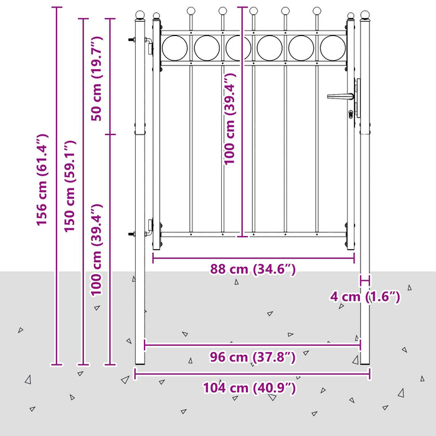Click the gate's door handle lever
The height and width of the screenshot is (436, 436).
click(340, 97)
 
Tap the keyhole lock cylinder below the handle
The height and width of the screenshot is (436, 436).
click(351, 114)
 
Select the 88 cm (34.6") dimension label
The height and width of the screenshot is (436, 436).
click(253, 269)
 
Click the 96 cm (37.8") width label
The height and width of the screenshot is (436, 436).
click(252, 357)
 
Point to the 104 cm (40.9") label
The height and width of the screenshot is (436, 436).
click(249, 388)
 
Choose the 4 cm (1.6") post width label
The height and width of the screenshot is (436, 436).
click(365, 296)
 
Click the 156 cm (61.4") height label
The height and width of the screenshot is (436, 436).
click(42, 179)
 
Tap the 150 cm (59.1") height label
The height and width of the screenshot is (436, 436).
click(70, 186)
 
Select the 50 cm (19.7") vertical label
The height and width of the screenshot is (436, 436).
click(97, 78)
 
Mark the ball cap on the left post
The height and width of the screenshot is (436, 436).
click(140, 15)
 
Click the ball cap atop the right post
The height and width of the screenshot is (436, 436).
click(365, 15)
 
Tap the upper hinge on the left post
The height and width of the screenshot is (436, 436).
click(149, 46)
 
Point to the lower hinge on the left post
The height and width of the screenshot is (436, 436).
click(149, 228)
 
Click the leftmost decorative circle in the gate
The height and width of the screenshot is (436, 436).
click(174, 48)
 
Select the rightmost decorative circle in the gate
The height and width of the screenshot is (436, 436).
click(333, 48)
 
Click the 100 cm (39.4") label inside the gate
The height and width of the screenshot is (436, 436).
click(230, 119)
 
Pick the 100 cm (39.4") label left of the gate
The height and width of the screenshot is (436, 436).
click(96, 250)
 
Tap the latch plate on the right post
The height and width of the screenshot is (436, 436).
click(358, 98)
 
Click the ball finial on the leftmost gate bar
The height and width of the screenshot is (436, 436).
click(191, 11)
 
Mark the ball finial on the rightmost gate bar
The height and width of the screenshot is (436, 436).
click(316, 11)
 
